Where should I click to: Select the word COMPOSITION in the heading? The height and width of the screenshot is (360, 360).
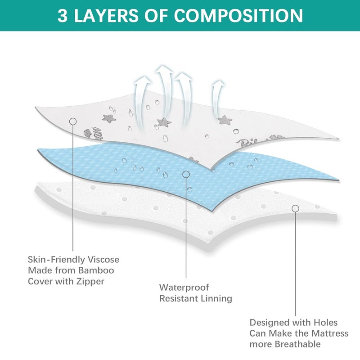238,15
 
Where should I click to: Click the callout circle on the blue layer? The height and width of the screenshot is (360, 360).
185,174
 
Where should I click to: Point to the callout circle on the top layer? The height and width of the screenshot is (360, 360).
72,121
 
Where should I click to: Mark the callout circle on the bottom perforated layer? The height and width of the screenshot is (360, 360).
295,208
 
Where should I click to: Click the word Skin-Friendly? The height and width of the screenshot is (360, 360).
51,260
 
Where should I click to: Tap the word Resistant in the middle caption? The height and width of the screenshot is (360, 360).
179,298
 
